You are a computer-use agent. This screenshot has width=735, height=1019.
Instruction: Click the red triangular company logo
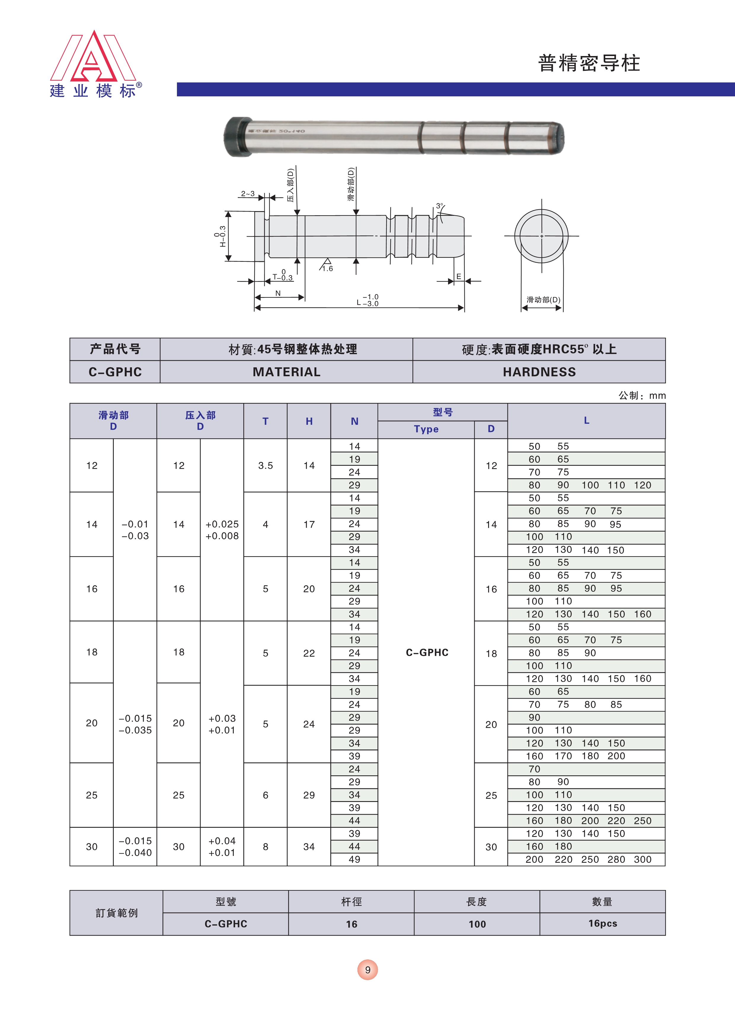[93, 58]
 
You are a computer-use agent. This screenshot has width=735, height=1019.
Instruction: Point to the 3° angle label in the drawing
[440, 206]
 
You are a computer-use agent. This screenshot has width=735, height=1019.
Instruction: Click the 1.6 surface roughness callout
[327, 269]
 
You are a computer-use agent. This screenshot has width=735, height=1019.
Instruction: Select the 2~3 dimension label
[247, 194]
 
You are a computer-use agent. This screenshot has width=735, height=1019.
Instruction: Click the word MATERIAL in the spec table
[286, 372]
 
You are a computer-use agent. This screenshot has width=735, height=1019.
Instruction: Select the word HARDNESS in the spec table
[539, 372]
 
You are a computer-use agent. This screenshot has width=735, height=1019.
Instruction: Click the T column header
[266, 421]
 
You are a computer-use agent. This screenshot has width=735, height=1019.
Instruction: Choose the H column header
[309, 421]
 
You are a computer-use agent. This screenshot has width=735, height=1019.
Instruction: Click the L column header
[586, 420]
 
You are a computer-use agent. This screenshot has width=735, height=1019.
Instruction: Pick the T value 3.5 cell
[266, 465]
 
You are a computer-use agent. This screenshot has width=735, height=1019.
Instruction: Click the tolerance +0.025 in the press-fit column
[222, 524]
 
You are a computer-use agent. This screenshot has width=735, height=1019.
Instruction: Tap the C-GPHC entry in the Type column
[427, 652]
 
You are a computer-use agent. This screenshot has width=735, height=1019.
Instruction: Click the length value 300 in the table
[643, 859]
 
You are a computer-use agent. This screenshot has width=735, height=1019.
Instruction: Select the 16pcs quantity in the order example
[603, 923]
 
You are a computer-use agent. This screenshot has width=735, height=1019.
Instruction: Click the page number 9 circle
[367, 969]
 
